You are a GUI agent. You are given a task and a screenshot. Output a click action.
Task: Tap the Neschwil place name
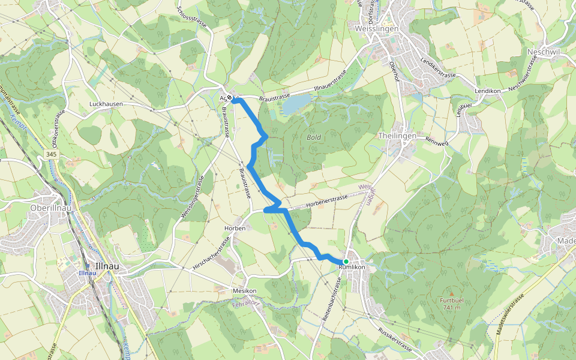pos(542,52)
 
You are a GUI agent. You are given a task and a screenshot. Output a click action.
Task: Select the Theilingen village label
pos(397,136)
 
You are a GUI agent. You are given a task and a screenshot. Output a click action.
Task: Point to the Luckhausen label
pos(106,104)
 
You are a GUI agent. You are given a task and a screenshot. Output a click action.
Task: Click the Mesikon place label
pos(244,291)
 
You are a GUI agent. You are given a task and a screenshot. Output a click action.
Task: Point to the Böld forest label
pos(314,137)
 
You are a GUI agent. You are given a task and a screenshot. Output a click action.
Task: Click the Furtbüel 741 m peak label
pos(452,303)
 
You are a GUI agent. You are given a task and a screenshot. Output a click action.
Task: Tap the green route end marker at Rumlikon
pos(346,262)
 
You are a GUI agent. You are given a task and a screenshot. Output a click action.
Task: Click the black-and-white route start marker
pos(229,98)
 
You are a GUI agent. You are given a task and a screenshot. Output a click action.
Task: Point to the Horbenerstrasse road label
pos(326,200)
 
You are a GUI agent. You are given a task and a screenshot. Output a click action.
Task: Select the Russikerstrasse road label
pos(395,340)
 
